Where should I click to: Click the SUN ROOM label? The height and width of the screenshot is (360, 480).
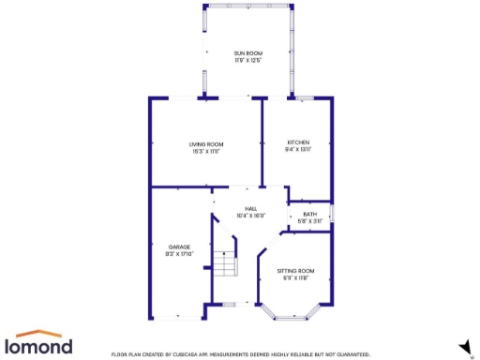247,52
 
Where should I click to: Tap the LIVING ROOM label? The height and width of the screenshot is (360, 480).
206,143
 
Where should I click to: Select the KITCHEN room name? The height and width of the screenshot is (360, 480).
298,142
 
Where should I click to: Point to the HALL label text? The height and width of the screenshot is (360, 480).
251,208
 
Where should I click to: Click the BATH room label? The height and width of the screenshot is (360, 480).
309,214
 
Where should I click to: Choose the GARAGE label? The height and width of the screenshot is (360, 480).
179,247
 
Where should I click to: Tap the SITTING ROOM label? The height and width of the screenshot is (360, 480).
295,271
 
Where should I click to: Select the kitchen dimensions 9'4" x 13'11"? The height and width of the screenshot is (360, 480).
298,149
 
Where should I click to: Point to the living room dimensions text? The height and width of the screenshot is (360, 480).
206,150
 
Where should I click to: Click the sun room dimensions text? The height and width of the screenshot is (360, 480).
247,59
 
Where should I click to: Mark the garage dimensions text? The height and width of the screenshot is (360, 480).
179,254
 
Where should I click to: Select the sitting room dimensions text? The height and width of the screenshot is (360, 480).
295,277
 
